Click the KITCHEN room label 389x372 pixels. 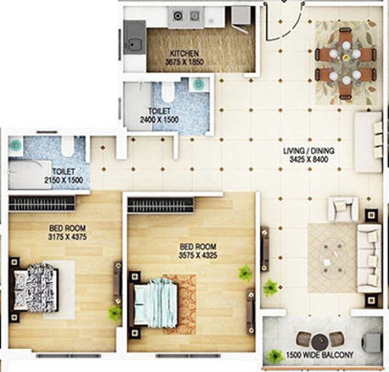[x=184, y=54]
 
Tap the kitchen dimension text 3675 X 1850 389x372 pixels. [x=184, y=62]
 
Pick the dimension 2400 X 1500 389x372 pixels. [x=159, y=121]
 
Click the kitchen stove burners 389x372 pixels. [x=183, y=15]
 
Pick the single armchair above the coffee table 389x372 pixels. [x=343, y=208]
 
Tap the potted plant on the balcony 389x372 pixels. [x=274, y=355]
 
